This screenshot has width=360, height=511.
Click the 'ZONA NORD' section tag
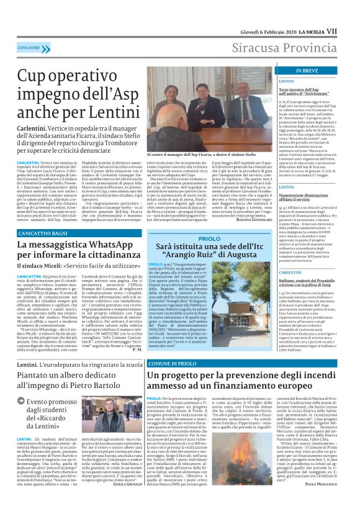pos(29,47)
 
